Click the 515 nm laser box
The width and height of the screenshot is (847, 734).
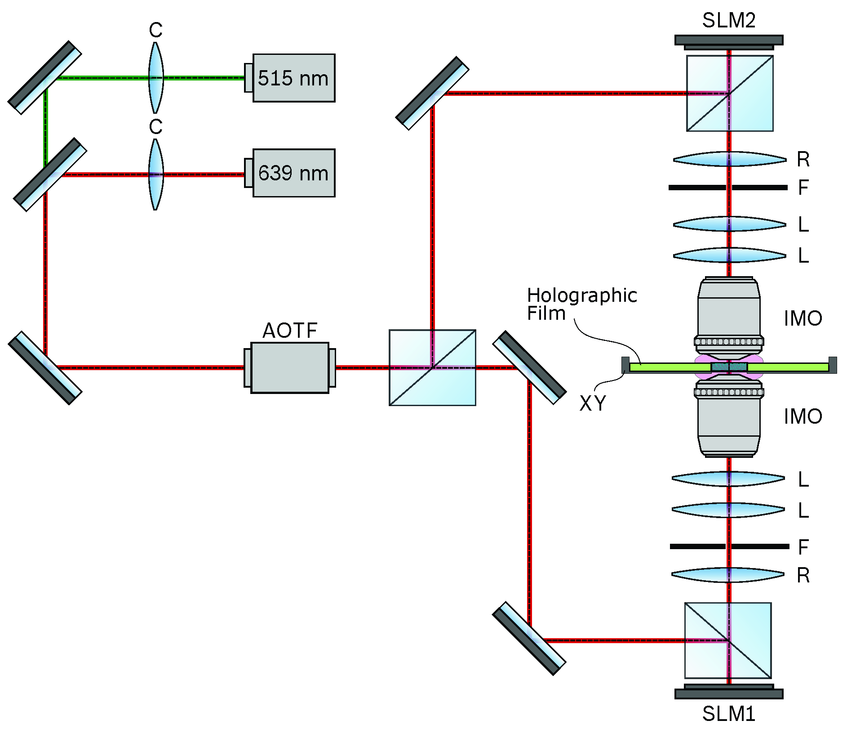[x=293, y=78]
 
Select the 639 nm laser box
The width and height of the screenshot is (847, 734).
[x=293, y=173]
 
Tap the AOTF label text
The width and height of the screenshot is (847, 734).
[x=290, y=331]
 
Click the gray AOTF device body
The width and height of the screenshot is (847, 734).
[x=290, y=367]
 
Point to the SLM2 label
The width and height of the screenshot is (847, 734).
[x=728, y=20]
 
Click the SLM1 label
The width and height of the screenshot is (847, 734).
[x=728, y=714]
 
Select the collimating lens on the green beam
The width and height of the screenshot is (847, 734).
[x=155, y=77]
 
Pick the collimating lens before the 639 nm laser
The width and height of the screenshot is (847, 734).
[x=155, y=174]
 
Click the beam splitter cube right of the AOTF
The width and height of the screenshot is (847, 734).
[x=432, y=367]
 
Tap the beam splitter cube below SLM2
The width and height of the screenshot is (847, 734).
[x=730, y=93]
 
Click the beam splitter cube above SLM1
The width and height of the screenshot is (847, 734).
[x=728, y=640]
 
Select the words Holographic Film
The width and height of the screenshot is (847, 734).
[x=581, y=304]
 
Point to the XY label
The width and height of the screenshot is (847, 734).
[x=593, y=403]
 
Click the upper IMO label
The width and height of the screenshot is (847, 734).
[x=803, y=318]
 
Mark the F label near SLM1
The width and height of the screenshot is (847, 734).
[x=803, y=547]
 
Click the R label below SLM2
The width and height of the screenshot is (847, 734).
[x=803, y=159]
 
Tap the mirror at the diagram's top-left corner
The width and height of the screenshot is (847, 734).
[x=45, y=77]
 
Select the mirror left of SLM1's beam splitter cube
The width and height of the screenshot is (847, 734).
[x=529, y=638]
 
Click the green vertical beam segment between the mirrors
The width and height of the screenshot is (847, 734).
[x=45, y=126]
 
